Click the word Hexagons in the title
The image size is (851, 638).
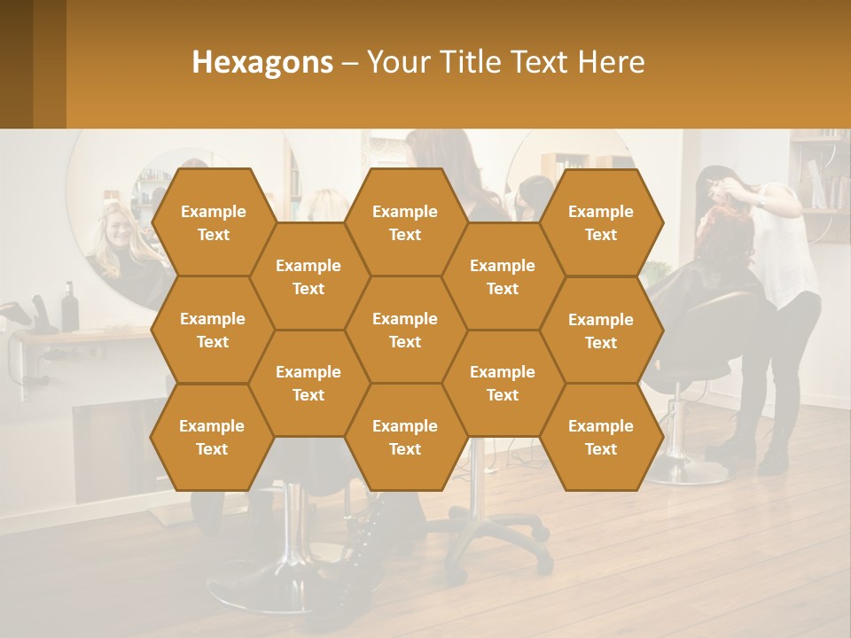pos(262,62)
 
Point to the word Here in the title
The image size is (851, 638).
pos(612,62)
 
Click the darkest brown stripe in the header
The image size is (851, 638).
pos(16,64)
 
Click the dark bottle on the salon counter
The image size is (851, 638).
pos(69,307)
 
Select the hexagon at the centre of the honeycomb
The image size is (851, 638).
pos(405,330)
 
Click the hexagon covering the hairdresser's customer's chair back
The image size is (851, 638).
pos(601,331)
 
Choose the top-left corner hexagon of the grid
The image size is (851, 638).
pos(213,222)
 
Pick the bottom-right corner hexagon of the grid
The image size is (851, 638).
pos(601,437)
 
